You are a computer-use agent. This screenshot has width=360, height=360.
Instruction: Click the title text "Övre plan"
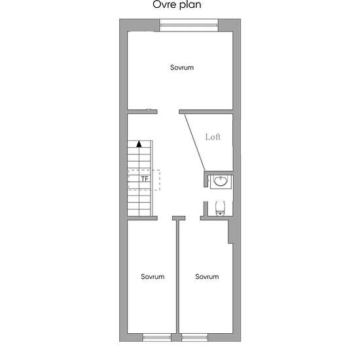click(177, 4)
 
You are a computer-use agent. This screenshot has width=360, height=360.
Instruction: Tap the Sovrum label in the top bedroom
click(182, 67)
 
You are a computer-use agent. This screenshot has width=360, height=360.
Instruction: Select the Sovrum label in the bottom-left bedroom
click(153, 276)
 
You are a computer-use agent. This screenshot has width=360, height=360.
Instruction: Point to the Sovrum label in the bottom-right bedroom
click(207, 276)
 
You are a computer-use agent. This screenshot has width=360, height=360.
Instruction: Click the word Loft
click(213, 137)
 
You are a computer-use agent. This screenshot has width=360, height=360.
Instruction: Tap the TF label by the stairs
click(145, 179)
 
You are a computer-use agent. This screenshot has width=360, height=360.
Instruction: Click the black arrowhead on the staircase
click(139, 144)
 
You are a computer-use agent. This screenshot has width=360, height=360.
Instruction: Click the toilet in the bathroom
click(221, 208)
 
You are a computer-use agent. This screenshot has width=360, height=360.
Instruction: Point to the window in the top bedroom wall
click(189, 26)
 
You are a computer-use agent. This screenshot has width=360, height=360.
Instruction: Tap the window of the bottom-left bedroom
click(156, 337)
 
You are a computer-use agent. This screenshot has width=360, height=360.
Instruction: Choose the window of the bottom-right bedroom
click(194, 337)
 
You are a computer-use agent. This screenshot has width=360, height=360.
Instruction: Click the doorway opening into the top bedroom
click(168, 112)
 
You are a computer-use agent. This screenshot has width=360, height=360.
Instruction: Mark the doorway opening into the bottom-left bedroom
click(165, 218)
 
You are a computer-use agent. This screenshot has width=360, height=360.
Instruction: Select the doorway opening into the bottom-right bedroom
click(192, 218)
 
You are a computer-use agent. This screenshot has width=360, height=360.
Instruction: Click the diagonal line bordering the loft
click(194, 142)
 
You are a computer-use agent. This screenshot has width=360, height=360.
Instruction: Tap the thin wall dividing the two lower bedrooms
click(177, 277)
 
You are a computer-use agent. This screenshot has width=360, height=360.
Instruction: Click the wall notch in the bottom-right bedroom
click(230, 232)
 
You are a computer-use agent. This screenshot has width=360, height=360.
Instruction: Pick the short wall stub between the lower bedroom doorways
click(179, 218)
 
